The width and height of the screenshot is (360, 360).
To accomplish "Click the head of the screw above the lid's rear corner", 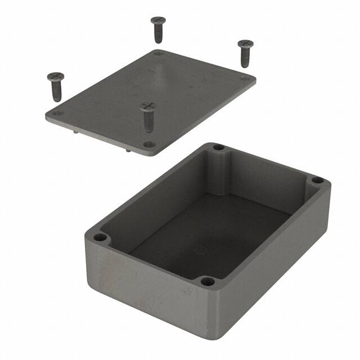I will pos(157,21).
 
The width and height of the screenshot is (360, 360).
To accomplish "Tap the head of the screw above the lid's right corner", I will pos(245,43).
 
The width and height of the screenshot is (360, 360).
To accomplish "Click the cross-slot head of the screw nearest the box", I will pos(147,105).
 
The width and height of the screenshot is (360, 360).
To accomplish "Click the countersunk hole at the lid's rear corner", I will pos(158,53).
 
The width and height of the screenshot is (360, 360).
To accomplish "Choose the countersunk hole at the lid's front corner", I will pos(148,145).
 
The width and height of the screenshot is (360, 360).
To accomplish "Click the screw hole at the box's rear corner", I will pos(218,147).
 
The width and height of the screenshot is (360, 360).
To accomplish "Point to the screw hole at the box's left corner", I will pos(101,237).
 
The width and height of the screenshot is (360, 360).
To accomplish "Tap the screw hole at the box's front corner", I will pos(207,280).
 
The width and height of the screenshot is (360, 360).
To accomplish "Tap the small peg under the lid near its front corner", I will pos(130,150).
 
